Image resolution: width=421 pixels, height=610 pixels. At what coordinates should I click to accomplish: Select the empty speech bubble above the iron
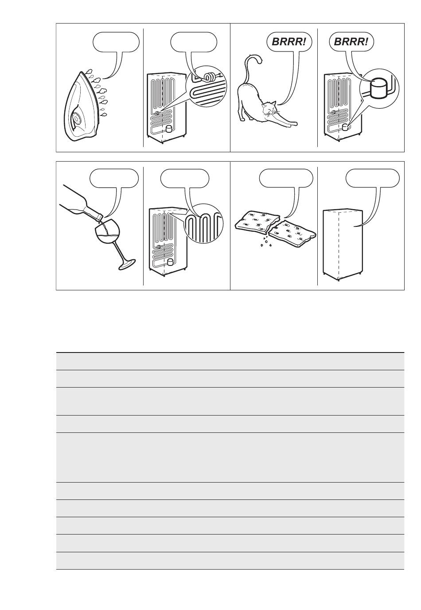coord(116,42)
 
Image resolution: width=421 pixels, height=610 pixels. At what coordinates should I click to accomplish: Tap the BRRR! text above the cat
coord(289,42)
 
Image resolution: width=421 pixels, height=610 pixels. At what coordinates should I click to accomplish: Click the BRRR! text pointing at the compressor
coord(351,42)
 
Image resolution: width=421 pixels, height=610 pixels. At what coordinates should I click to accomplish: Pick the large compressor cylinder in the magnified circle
coord(378,88)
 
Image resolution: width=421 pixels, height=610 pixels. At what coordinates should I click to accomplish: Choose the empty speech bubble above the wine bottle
coord(114,178)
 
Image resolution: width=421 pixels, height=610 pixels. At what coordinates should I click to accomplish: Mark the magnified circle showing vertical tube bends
coord(203,223)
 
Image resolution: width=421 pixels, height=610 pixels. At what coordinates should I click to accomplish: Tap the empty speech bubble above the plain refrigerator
coord(373,178)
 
